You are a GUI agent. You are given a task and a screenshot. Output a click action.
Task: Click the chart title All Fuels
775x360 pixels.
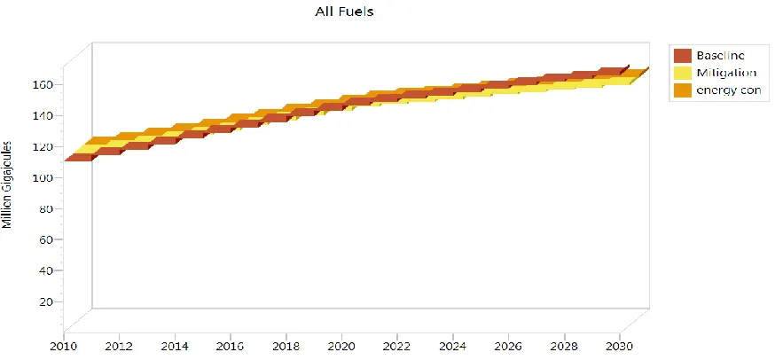(x=344, y=12)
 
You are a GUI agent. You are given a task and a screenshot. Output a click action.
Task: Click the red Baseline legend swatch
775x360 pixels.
(x=682, y=56)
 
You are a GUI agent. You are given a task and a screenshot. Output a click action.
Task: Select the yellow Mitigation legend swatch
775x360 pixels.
(x=682, y=74)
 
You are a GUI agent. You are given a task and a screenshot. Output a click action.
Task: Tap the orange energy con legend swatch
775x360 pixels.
(x=682, y=90)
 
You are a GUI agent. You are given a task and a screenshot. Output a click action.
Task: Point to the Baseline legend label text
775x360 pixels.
(x=720, y=56)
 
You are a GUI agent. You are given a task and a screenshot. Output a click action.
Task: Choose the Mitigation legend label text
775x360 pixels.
(x=726, y=74)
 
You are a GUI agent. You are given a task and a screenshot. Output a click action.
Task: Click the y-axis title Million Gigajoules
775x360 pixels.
(x=7, y=184)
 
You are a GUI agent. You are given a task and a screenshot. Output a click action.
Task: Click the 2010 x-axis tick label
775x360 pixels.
(x=64, y=345)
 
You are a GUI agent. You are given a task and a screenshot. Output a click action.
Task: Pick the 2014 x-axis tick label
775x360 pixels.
(x=175, y=345)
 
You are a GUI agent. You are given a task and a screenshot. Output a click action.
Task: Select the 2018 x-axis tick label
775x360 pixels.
(x=286, y=345)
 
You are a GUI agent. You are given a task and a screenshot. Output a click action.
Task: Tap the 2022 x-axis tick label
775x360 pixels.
(x=397, y=345)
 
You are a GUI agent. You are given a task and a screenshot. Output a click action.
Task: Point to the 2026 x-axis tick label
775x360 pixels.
(x=508, y=345)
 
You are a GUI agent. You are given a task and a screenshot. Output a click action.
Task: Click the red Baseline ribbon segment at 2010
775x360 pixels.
(x=79, y=158)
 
